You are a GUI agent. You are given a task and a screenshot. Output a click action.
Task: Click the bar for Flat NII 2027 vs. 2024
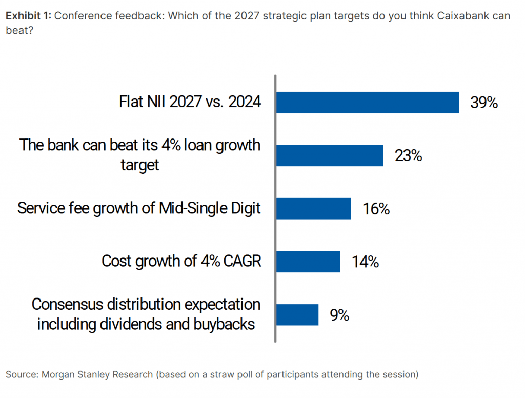(x=367, y=102)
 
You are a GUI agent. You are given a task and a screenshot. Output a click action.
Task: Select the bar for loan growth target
(x=330, y=155)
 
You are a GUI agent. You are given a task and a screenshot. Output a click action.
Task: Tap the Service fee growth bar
(x=313, y=209)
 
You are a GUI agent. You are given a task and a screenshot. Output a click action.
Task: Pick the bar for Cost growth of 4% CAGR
(x=308, y=262)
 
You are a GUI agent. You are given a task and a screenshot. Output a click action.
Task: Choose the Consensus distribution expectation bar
(x=297, y=314)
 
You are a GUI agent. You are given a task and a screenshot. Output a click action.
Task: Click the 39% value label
(x=484, y=103)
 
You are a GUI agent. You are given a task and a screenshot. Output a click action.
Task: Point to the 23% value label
(x=408, y=156)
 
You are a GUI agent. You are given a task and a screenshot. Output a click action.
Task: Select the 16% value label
(x=376, y=209)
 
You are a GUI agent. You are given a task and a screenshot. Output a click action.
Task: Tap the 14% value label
(x=365, y=262)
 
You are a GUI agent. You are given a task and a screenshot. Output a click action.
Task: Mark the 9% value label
(x=339, y=315)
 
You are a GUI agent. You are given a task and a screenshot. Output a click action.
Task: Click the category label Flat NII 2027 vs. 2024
(x=190, y=102)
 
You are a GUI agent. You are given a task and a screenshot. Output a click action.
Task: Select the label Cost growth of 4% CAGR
(x=181, y=261)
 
